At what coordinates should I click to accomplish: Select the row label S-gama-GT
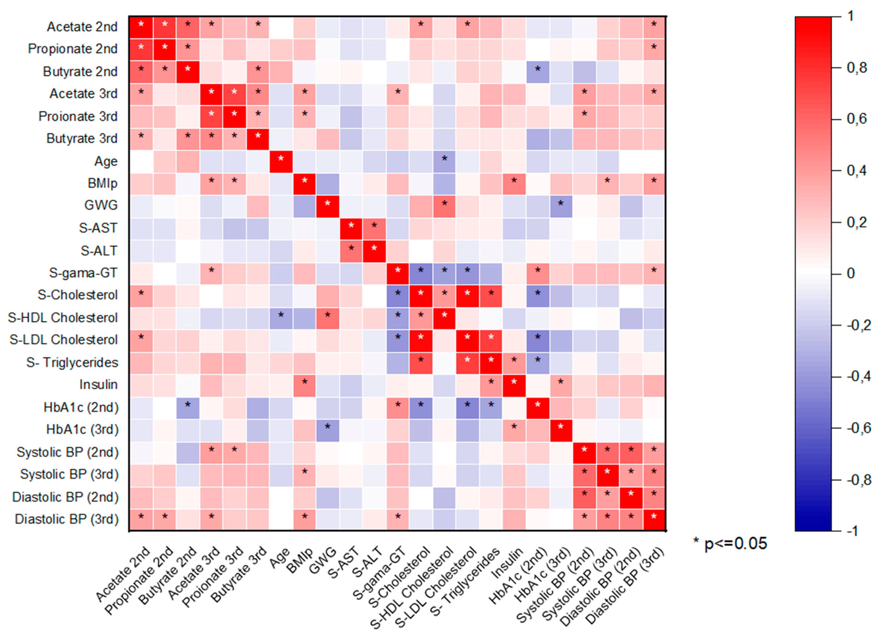pos(83,273)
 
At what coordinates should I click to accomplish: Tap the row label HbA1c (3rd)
pos(82,430)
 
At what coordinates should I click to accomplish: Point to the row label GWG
pos(101,205)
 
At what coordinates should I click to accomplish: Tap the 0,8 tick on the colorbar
pos(857,68)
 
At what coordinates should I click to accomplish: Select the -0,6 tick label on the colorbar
pos(859,428)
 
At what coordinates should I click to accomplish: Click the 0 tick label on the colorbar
pos(851,273)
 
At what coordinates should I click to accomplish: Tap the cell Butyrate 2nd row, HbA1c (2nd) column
pos(538,72)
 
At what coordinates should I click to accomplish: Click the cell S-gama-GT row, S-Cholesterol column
pos(421,273)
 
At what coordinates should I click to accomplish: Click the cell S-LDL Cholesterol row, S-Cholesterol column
pos(421,340)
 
